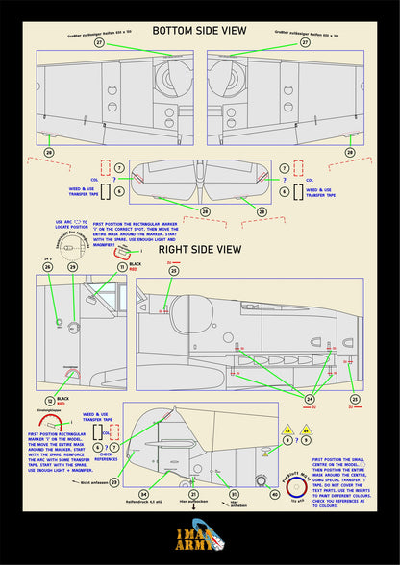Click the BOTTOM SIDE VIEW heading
(199, 31)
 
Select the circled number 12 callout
(50, 399)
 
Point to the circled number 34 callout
(144, 493)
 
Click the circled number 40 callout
(275, 495)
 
